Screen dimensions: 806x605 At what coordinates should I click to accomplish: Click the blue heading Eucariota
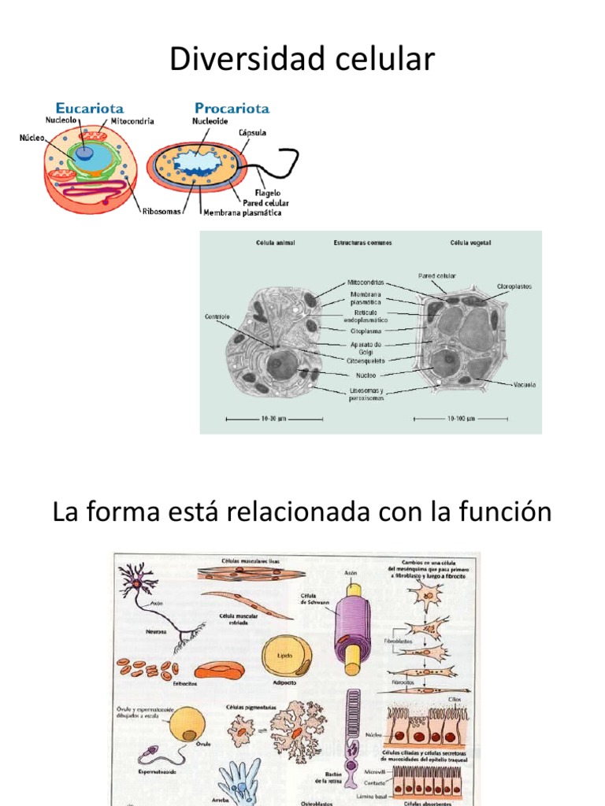pos(89,108)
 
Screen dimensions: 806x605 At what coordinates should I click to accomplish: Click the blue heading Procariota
pos(232,108)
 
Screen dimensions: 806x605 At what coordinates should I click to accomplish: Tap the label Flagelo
pos(268,193)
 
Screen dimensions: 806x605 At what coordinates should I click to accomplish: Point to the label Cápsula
pos(252,133)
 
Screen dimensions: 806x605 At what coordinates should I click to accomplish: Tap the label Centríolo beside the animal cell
pos(217,317)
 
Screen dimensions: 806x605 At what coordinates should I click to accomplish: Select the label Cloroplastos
pos(514,287)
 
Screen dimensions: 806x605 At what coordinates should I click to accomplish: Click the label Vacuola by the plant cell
pos(525,385)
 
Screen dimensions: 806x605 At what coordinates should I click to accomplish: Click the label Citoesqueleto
pos(366,360)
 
